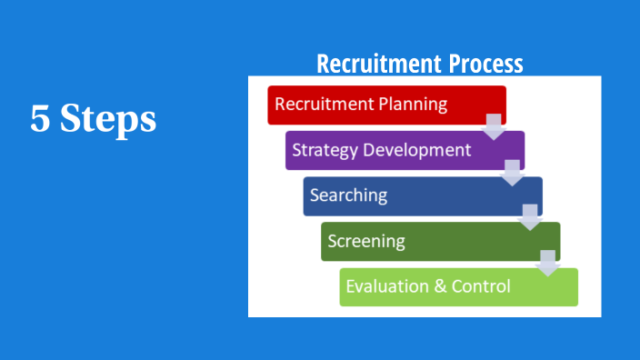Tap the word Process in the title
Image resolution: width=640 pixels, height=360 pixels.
[x=486, y=65]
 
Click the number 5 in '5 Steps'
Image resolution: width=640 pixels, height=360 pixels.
[x=39, y=119]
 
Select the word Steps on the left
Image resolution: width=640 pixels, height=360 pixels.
[x=108, y=120]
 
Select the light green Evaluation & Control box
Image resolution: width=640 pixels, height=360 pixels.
[x=459, y=287]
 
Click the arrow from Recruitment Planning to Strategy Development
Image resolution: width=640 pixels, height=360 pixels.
[x=494, y=126]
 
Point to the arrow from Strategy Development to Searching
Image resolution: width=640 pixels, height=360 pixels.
[x=513, y=173]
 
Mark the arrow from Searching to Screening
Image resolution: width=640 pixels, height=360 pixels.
[x=530, y=218]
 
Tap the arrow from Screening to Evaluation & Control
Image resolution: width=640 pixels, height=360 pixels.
[x=547, y=263]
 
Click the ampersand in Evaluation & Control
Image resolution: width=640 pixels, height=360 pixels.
[x=439, y=287]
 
